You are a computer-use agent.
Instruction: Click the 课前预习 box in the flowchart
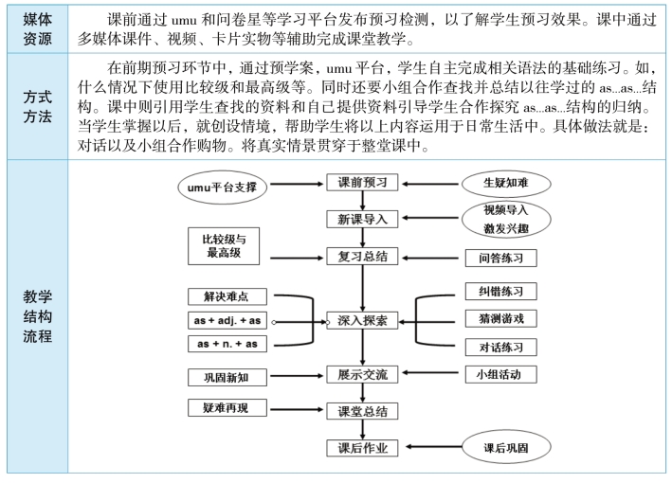click(x=362, y=183)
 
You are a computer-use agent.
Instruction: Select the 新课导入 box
click(x=362, y=219)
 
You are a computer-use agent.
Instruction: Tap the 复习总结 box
click(x=362, y=256)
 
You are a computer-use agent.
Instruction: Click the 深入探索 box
click(x=362, y=320)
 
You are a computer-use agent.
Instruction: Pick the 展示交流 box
click(x=362, y=375)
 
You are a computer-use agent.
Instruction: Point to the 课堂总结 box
click(x=362, y=411)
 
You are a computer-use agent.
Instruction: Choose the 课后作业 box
click(x=362, y=448)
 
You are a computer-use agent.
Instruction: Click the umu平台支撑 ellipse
click(x=223, y=188)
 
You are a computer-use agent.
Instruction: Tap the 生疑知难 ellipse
click(x=506, y=184)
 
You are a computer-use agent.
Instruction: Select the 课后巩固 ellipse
click(x=506, y=447)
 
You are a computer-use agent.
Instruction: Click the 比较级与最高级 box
click(x=224, y=246)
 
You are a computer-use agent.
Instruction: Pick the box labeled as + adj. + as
click(x=227, y=321)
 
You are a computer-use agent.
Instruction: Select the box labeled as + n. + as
click(x=227, y=344)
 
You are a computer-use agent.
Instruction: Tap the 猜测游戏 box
click(x=501, y=318)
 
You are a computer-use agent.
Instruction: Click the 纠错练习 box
click(x=501, y=292)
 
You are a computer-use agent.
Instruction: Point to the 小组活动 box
click(x=501, y=375)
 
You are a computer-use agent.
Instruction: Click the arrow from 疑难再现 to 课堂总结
click(x=297, y=409)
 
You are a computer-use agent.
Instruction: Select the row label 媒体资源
click(x=37, y=29)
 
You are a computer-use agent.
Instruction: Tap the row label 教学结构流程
click(x=37, y=316)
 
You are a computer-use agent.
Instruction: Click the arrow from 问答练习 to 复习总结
click(x=430, y=258)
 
